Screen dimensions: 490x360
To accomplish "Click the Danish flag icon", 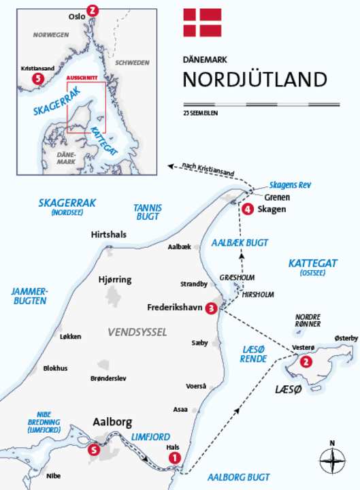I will tap(199, 22).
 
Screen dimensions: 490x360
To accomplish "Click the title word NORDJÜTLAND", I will tap(255, 79).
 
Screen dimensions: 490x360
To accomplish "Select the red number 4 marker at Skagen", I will tap(248, 209).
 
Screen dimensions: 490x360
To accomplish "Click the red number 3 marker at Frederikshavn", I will tap(212, 308).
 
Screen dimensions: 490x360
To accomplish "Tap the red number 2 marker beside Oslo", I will tap(93, 10).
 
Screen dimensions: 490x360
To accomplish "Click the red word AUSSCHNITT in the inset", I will tap(82, 78).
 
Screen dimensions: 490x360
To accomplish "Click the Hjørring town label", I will tap(115, 280).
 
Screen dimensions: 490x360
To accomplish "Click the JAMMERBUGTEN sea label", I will tap(29, 295).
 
